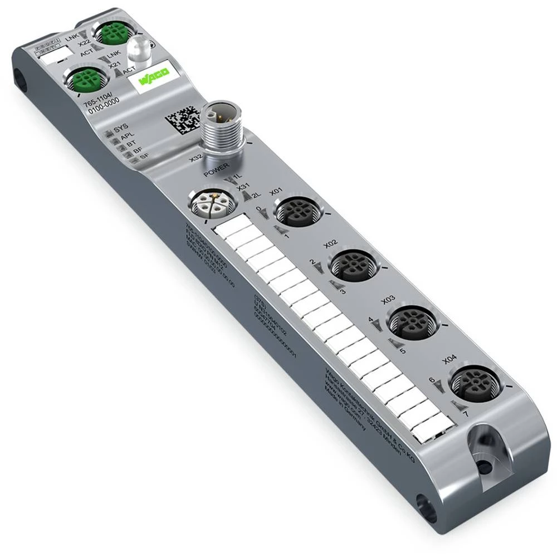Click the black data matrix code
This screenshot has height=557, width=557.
(x=182, y=117)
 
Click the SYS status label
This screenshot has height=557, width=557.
(x=120, y=129)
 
